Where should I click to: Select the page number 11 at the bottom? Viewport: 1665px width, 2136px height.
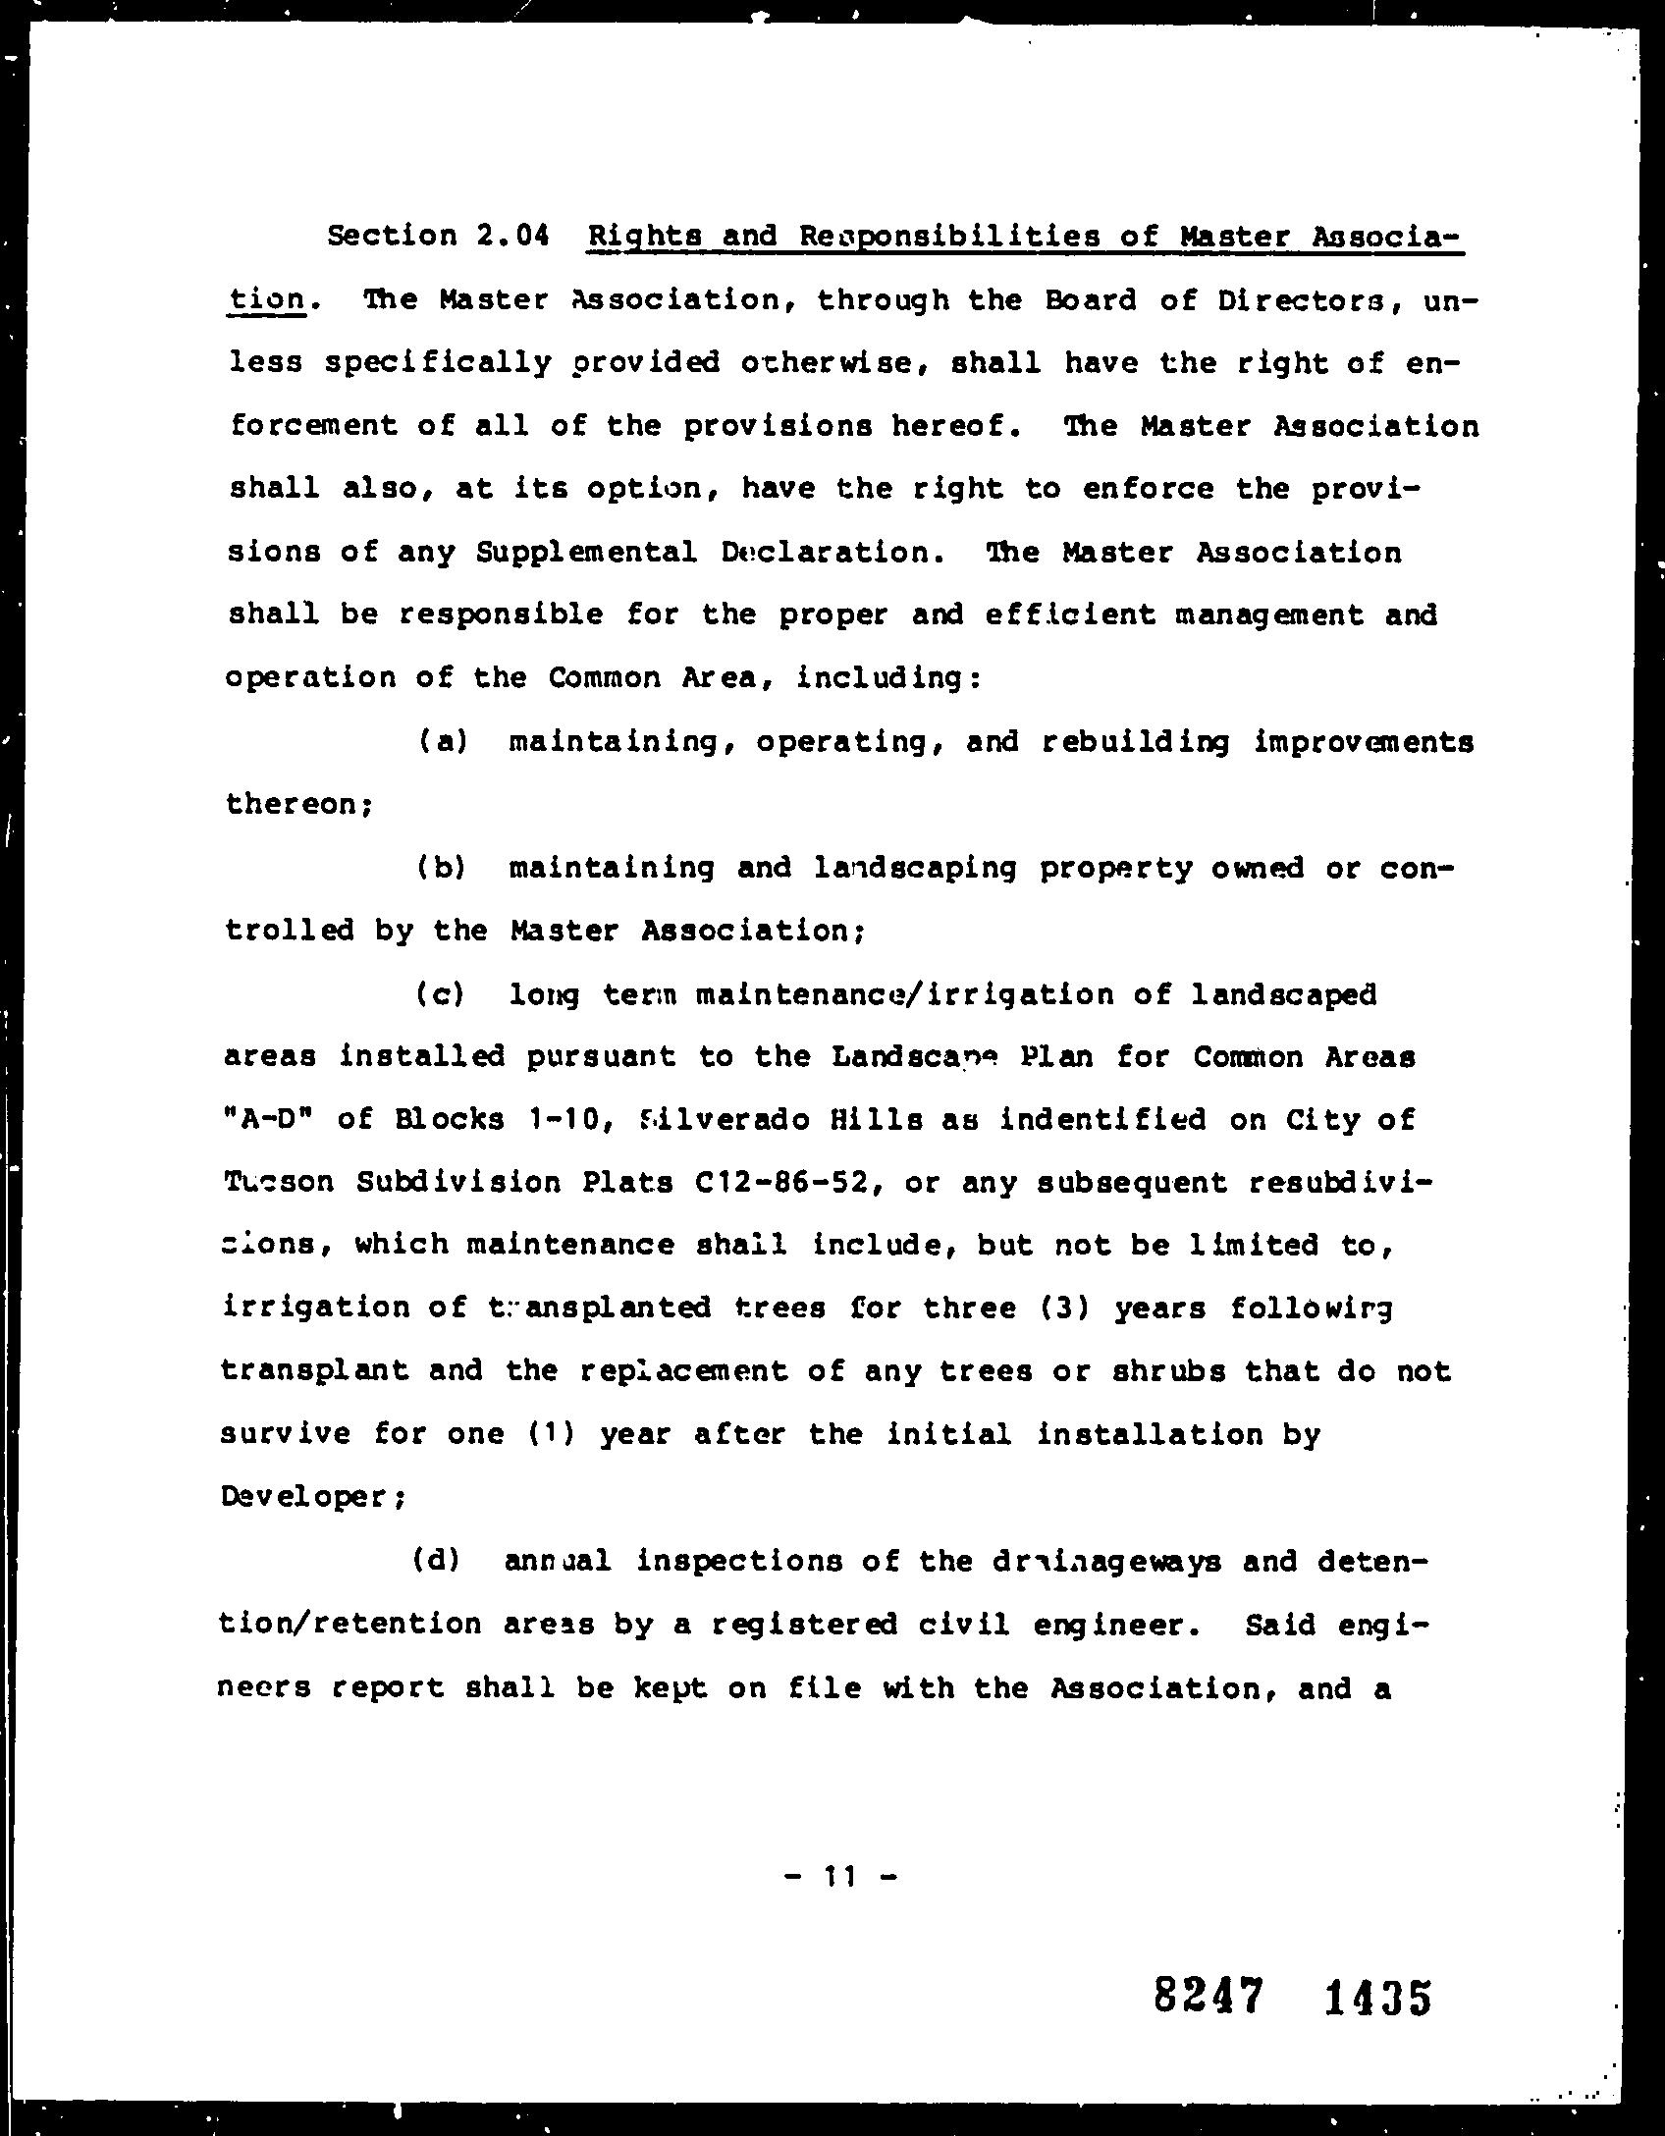(x=841, y=1877)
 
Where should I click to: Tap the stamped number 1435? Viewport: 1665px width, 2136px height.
(x=1377, y=1998)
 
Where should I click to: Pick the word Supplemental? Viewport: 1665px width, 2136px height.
(x=586, y=553)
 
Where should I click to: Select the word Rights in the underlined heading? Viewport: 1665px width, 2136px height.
(x=642, y=237)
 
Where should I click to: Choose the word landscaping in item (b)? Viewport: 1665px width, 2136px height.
(x=916, y=869)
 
